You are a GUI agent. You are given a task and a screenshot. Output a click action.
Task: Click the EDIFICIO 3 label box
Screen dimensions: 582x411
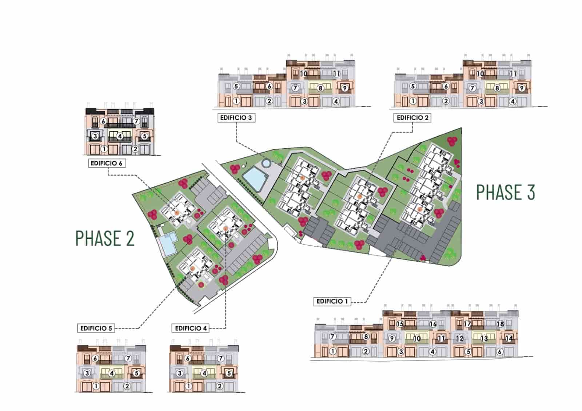[236, 118]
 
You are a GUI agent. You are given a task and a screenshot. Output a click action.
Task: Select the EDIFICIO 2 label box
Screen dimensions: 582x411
[412, 118]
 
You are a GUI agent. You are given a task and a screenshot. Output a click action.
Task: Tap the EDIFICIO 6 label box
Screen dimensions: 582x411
[107, 163]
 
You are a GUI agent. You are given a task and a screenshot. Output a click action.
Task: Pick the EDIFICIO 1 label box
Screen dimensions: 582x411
[332, 301]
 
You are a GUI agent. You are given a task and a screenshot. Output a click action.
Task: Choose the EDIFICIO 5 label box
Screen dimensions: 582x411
[96, 329]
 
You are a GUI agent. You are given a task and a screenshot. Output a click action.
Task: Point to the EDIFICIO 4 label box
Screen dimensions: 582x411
[191, 329]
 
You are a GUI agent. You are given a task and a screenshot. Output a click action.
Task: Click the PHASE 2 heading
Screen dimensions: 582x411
[105, 238]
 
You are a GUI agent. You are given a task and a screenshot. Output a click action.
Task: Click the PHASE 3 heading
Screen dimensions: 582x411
[506, 192]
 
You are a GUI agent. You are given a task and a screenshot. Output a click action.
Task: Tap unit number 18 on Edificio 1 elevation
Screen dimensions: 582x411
[500, 324]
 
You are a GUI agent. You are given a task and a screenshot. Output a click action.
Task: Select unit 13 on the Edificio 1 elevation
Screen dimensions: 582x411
[484, 339]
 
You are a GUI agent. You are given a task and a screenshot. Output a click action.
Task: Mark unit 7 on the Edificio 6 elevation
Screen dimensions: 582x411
[136, 121]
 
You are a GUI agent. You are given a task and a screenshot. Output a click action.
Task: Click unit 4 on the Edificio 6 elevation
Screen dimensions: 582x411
[120, 136]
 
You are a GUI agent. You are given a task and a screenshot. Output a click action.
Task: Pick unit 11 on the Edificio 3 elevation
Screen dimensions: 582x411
[336, 74]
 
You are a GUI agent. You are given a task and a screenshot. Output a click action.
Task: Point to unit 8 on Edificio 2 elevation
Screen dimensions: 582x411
[497, 88]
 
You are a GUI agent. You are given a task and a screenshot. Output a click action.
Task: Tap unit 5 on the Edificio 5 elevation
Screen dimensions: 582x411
[136, 373]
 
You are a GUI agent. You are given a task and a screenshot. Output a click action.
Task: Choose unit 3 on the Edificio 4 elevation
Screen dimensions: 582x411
[180, 373]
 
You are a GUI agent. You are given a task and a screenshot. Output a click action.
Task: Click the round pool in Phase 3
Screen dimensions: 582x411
[266, 163]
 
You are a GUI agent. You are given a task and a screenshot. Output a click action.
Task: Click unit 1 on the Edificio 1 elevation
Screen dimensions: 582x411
[332, 351]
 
